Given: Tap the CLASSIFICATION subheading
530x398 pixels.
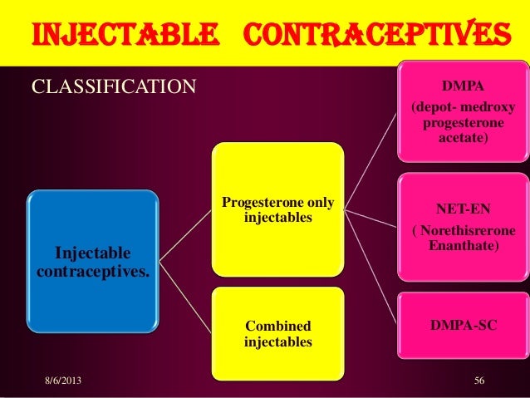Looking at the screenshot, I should [113, 86].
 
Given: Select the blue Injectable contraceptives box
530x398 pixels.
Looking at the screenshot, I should [93, 260].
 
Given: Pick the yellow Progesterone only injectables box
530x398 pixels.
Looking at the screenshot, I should [277, 209].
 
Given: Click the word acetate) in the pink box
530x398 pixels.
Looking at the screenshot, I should [463, 138].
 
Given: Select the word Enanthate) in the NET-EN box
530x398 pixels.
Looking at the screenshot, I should [463, 247].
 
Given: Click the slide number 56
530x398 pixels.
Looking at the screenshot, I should [478, 381].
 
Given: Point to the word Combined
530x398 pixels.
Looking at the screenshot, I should [277, 327].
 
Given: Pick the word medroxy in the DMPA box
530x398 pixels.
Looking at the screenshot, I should [483, 109].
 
